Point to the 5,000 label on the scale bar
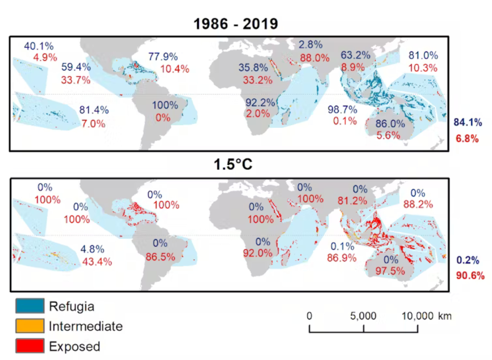click(364, 316)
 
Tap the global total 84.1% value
click(465, 122)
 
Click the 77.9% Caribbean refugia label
click(162, 57)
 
